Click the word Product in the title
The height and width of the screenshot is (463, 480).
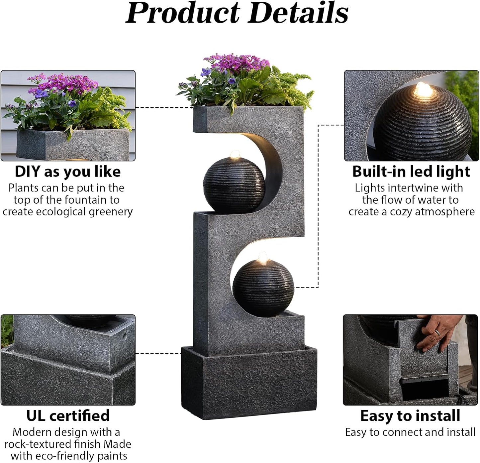tap(183, 13)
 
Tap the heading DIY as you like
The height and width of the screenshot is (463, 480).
tap(68, 172)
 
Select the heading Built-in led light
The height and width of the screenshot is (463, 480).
tap(411, 172)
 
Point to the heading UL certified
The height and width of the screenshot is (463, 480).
tap(68, 415)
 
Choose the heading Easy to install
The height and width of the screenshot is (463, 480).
tap(410, 415)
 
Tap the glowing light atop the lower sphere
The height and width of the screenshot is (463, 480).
tap(263, 256)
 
